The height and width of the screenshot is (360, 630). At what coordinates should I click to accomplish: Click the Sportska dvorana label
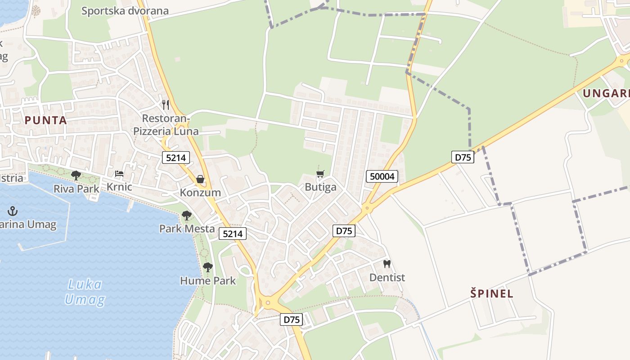pyautogui.click(x=125, y=11)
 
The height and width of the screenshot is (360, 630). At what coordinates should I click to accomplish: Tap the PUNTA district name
pyautogui.click(x=46, y=120)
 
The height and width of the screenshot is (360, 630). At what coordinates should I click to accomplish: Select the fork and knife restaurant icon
pyautogui.click(x=166, y=105)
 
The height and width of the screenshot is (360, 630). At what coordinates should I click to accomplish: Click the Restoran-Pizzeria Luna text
pyautogui.click(x=166, y=125)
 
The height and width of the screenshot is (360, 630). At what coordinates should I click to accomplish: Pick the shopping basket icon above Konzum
pyautogui.click(x=200, y=179)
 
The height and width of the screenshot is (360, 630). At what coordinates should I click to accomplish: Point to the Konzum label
pyautogui.click(x=200, y=193)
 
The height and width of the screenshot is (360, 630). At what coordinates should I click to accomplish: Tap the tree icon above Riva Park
pyautogui.click(x=76, y=175)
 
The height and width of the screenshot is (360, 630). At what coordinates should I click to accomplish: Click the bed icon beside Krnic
pyautogui.click(x=119, y=174)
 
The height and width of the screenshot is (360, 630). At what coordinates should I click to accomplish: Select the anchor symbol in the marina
pyautogui.click(x=13, y=211)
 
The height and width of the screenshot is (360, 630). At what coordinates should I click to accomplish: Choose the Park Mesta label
pyautogui.click(x=187, y=229)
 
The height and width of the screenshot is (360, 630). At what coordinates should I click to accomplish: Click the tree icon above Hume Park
pyautogui.click(x=207, y=267)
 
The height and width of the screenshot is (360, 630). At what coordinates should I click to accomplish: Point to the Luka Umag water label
pyautogui.click(x=85, y=292)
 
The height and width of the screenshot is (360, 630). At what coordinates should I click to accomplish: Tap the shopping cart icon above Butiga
pyautogui.click(x=320, y=174)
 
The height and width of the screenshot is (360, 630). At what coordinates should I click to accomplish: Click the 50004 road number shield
pyautogui.click(x=382, y=176)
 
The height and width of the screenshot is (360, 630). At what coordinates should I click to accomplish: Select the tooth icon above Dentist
pyautogui.click(x=387, y=264)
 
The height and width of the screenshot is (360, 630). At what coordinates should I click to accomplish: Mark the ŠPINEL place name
pyautogui.click(x=492, y=294)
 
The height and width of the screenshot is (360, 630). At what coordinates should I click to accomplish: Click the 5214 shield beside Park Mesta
pyautogui.click(x=233, y=234)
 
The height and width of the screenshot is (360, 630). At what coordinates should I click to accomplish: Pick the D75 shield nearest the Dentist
pyautogui.click(x=344, y=231)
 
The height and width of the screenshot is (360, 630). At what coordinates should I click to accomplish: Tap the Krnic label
pyautogui.click(x=119, y=186)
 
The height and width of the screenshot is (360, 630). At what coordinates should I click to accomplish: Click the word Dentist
pyautogui.click(x=387, y=278)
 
